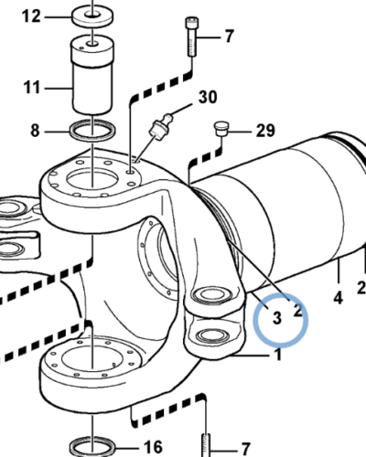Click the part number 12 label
tap(31, 16)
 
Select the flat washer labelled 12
tap(91, 16)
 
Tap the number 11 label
tap(32, 89)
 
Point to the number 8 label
tap(35, 131)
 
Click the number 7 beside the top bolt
tap(230, 37)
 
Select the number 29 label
tap(264, 132)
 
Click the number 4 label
tap(337, 297)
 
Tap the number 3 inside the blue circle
tap(273, 318)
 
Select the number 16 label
tap(151, 447)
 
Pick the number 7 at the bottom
tap(243, 448)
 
